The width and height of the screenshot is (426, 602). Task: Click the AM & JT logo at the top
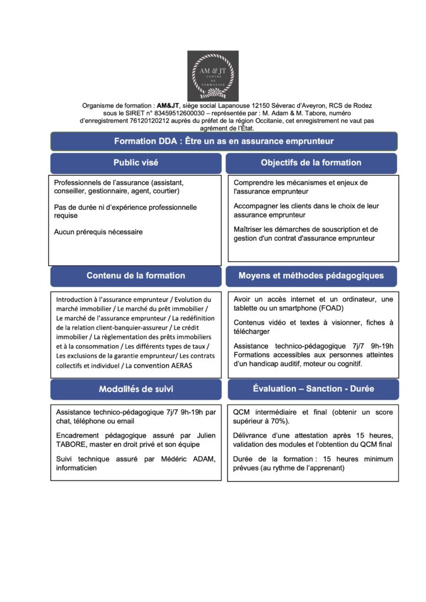coord(212,76)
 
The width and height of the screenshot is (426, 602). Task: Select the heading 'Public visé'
coord(135,162)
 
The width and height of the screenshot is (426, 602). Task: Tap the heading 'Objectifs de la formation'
coord(311,162)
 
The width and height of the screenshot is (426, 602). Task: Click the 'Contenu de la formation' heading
coord(135,275)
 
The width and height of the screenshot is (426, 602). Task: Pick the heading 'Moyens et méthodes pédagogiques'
coord(311,275)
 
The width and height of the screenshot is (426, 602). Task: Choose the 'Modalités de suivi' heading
coord(135,389)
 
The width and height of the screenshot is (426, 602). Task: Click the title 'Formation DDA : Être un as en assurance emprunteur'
coord(224,141)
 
